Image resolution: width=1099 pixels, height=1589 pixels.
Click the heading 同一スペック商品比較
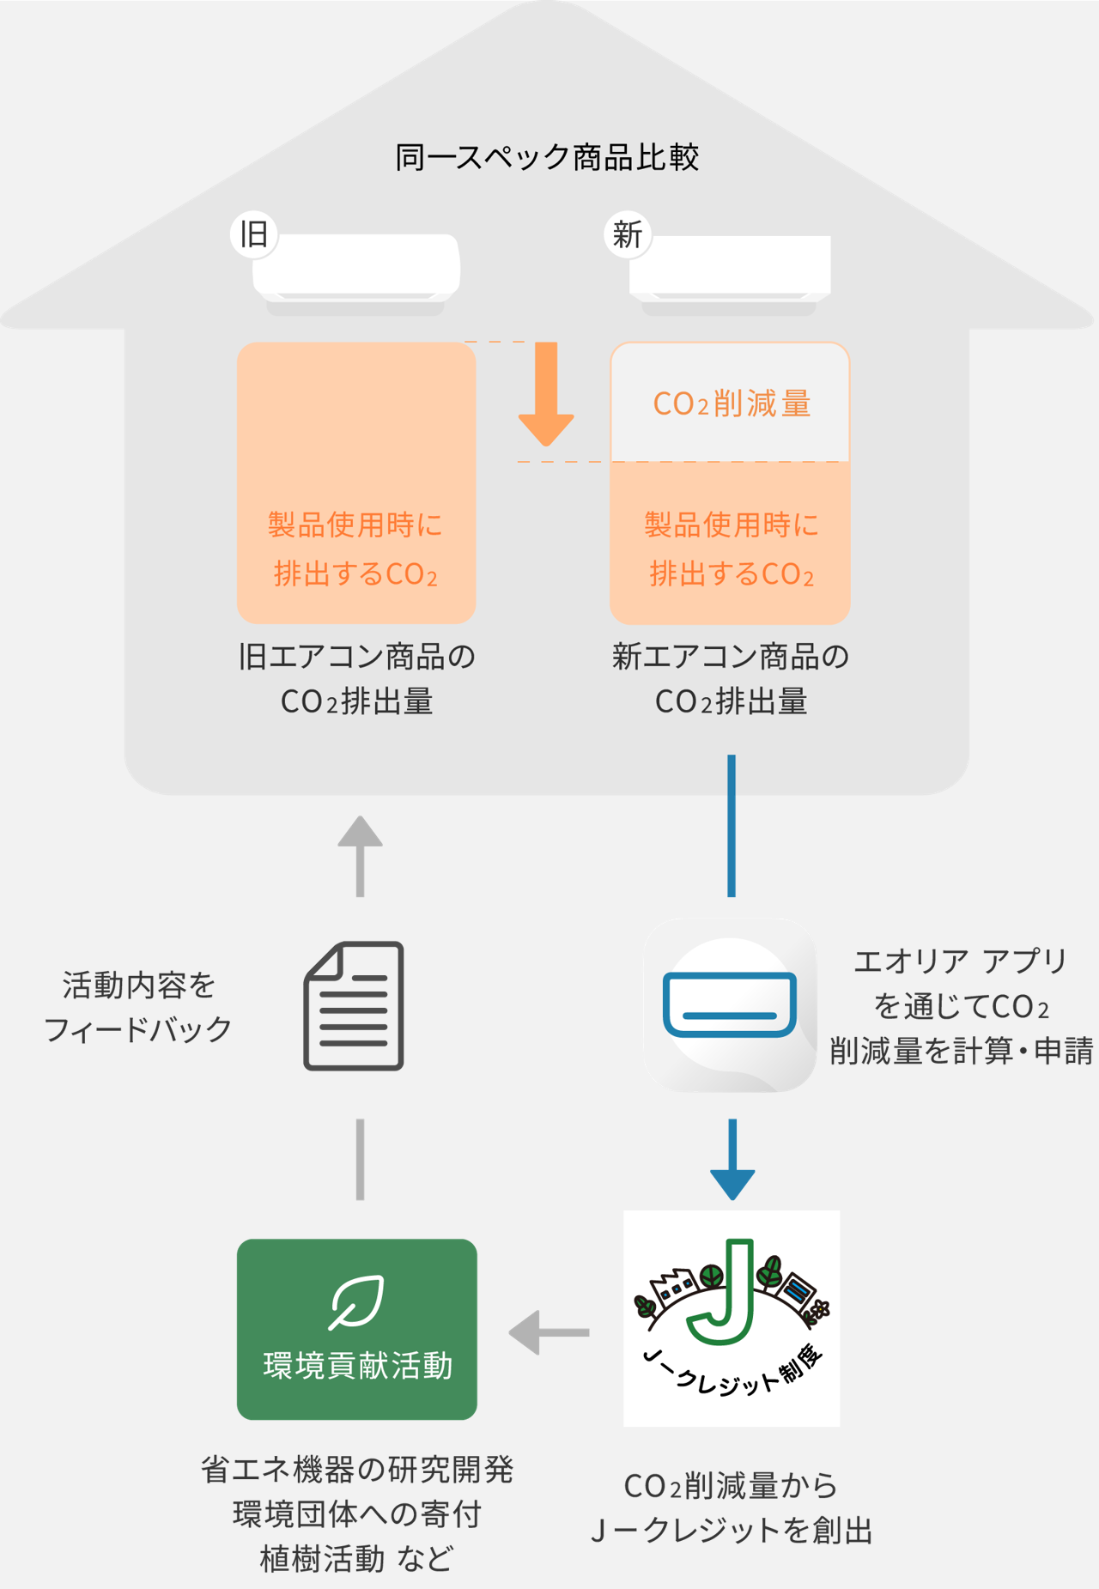[x=547, y=158]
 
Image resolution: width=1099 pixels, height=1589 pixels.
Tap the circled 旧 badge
[x=254, y=233]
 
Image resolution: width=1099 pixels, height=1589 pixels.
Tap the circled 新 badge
[x=628, y=233]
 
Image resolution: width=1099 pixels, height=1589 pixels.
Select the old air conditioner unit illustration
[x=356, y=270]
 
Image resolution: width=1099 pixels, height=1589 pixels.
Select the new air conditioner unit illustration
[x=730, y=270]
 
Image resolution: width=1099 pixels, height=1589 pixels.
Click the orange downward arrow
[x=546, y=395]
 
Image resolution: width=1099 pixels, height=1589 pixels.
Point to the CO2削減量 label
[x=732, y=403]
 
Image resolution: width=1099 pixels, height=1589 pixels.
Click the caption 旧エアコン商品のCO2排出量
[x=356, y=679]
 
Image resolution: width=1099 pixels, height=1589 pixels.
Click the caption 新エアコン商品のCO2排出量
[x=731, y=679]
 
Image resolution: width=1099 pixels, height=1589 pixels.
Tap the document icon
[x=354, y=1006]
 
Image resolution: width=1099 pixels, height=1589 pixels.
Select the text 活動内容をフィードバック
[x=138, y=1007]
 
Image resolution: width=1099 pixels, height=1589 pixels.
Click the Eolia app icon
[x=730, y=1005]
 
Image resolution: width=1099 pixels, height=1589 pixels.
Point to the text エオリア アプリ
[x=960, y=961]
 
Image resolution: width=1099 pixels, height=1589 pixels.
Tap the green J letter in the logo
[x=726, y=1292]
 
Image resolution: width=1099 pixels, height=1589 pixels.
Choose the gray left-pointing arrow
[x=548, y=1332]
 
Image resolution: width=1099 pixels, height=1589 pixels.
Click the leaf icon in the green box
[x=356, y=1301]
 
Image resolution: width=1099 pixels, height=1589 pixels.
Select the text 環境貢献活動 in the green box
[x=357, y=1365]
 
